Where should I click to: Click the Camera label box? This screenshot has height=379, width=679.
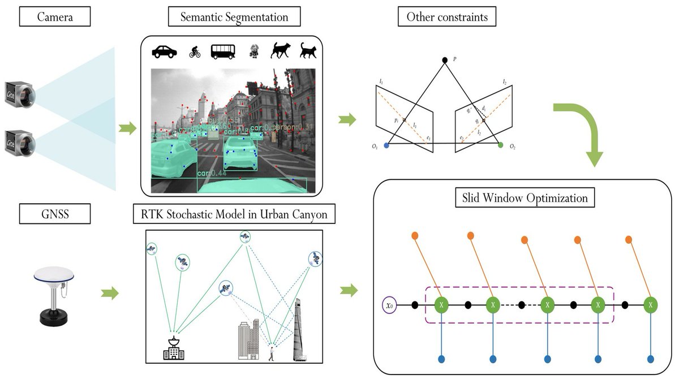coord(55,17)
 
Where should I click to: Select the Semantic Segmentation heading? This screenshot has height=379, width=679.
coord(234,17)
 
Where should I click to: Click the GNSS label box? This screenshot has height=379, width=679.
coord(55,214)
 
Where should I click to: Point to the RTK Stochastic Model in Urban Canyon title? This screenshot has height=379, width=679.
coord(234,214)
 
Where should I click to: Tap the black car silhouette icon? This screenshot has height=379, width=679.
coord(165,51)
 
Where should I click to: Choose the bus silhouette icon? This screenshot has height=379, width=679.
coord(223,51)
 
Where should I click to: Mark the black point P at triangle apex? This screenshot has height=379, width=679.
coord(445,60)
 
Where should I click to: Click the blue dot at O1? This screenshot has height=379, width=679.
coord(386,145)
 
